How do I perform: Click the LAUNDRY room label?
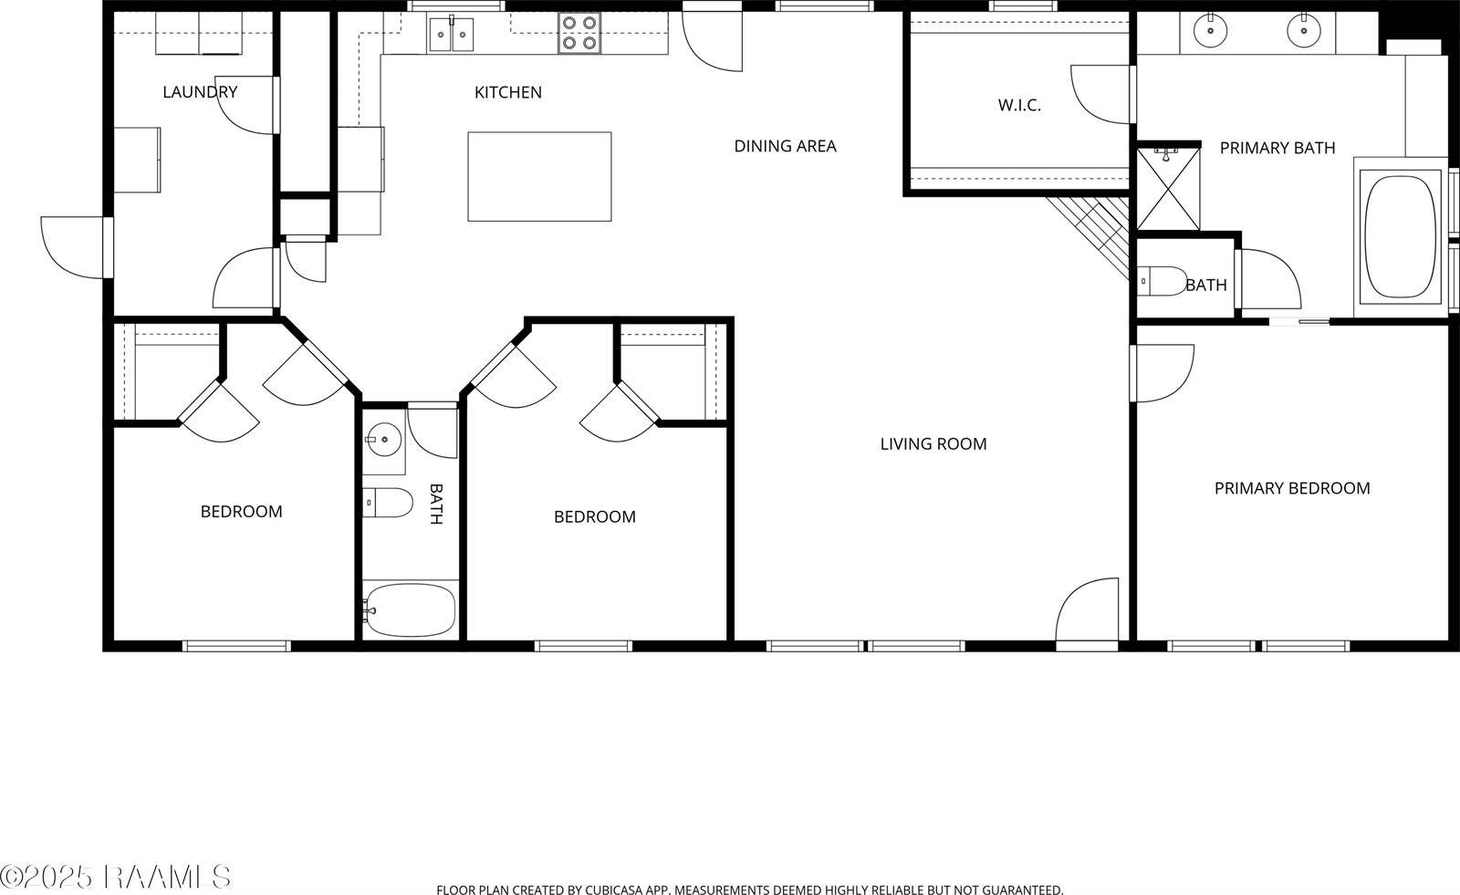tap(200, 92)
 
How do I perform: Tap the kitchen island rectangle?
tap(539, 176)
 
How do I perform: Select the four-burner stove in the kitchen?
tap(579, 33)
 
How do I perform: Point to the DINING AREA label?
tap(785, 146)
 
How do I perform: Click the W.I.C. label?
tap(1019, 106)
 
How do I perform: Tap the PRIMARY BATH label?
tap(1277, 148)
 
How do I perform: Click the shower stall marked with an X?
tap(1167, 188)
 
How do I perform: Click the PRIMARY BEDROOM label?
tap(1291, 489)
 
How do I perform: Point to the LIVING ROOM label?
tap(933, 444)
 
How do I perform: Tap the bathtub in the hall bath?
tap(410, 609)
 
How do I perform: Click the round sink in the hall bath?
tap(384, 441)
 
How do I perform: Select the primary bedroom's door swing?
tap(1161, 372)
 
